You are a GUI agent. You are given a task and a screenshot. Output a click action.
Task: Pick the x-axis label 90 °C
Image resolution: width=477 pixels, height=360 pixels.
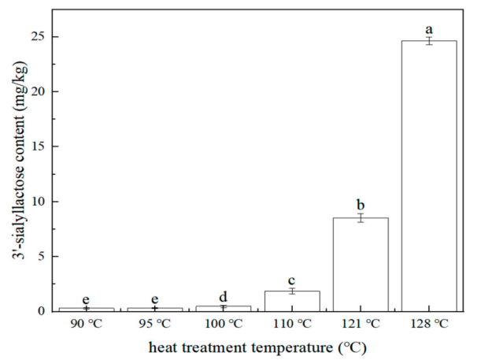point(87,323)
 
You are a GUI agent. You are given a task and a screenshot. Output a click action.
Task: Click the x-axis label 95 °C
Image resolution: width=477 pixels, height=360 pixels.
point(155,323)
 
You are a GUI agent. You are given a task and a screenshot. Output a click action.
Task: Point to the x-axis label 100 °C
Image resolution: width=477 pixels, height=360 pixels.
point(224,323)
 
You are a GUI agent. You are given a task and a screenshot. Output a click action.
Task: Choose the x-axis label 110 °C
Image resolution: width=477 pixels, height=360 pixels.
point(292,323)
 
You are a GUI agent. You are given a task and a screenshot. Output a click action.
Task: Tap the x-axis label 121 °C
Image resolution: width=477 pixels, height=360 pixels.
point(361,323)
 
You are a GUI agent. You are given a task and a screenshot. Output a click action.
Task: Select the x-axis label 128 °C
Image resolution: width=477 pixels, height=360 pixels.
point(429,323)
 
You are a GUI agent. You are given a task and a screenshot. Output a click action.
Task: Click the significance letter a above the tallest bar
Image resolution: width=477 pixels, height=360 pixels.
point(429,28)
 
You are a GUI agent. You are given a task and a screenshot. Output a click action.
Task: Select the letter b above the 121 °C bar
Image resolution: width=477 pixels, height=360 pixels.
point(361,204)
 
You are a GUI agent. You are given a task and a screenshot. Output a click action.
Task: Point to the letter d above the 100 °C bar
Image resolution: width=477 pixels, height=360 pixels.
point(224,296)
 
